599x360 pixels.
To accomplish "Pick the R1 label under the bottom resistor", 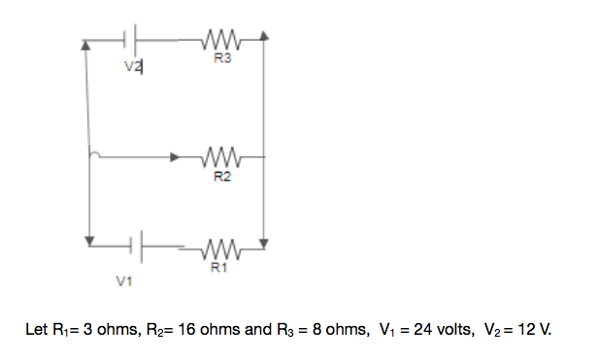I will click(220, 269).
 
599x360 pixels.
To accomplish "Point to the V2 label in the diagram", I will click(132, 67).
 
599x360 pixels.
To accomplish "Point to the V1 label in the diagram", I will click(122, 281).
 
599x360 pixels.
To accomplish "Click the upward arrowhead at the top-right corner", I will click(265, 37).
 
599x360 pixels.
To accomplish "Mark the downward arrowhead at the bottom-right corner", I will click(265, 242).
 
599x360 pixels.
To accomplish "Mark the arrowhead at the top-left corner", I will click(88, 44).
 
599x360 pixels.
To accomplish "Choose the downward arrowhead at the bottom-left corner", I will click(89, 240).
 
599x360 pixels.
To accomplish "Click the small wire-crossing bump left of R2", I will click(92, 153).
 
